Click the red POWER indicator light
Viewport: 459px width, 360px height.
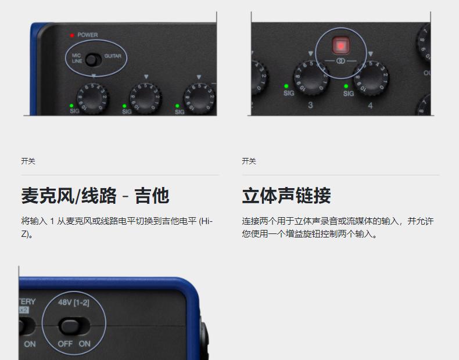click(71, 35)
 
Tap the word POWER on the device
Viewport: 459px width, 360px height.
click(88, 35)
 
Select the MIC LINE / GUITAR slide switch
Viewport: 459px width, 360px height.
click(94, 60)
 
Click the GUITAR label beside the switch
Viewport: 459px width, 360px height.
click(113, 56)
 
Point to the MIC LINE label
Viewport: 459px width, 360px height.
click(77, 58)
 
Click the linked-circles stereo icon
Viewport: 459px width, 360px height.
click(340, 61)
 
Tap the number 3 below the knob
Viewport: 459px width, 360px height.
click(310, 105)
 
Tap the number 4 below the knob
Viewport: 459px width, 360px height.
click(370, 106)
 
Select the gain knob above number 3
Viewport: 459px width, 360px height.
click(311, 77)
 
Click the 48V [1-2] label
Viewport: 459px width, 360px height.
click(73, 303)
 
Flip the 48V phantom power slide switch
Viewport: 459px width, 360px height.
click(74, 326)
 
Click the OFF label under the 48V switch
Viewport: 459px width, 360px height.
click(65, 344)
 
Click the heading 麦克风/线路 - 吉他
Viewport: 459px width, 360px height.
click(95, 196)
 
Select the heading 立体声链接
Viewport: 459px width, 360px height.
click(286, 196)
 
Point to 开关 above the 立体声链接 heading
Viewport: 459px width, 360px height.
click(249, 161)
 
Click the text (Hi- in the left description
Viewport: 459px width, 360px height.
click(206, 221)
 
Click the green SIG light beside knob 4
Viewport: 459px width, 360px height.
click(346, 87)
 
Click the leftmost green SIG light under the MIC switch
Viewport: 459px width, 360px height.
click(71, 106)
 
